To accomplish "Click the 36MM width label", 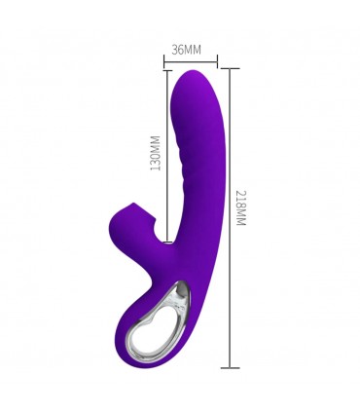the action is [186, 50].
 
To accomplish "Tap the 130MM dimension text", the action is [156, 153].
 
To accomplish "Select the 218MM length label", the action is [241, 208].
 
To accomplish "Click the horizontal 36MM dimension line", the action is [191, 60].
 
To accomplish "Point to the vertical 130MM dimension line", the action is [167, 156].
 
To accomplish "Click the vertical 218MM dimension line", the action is [230, 218].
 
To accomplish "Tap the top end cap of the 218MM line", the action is [230, 68].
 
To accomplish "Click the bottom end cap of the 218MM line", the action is [230, 368].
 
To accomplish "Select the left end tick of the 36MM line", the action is [164, 60].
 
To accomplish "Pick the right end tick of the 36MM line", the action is [217, 60].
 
